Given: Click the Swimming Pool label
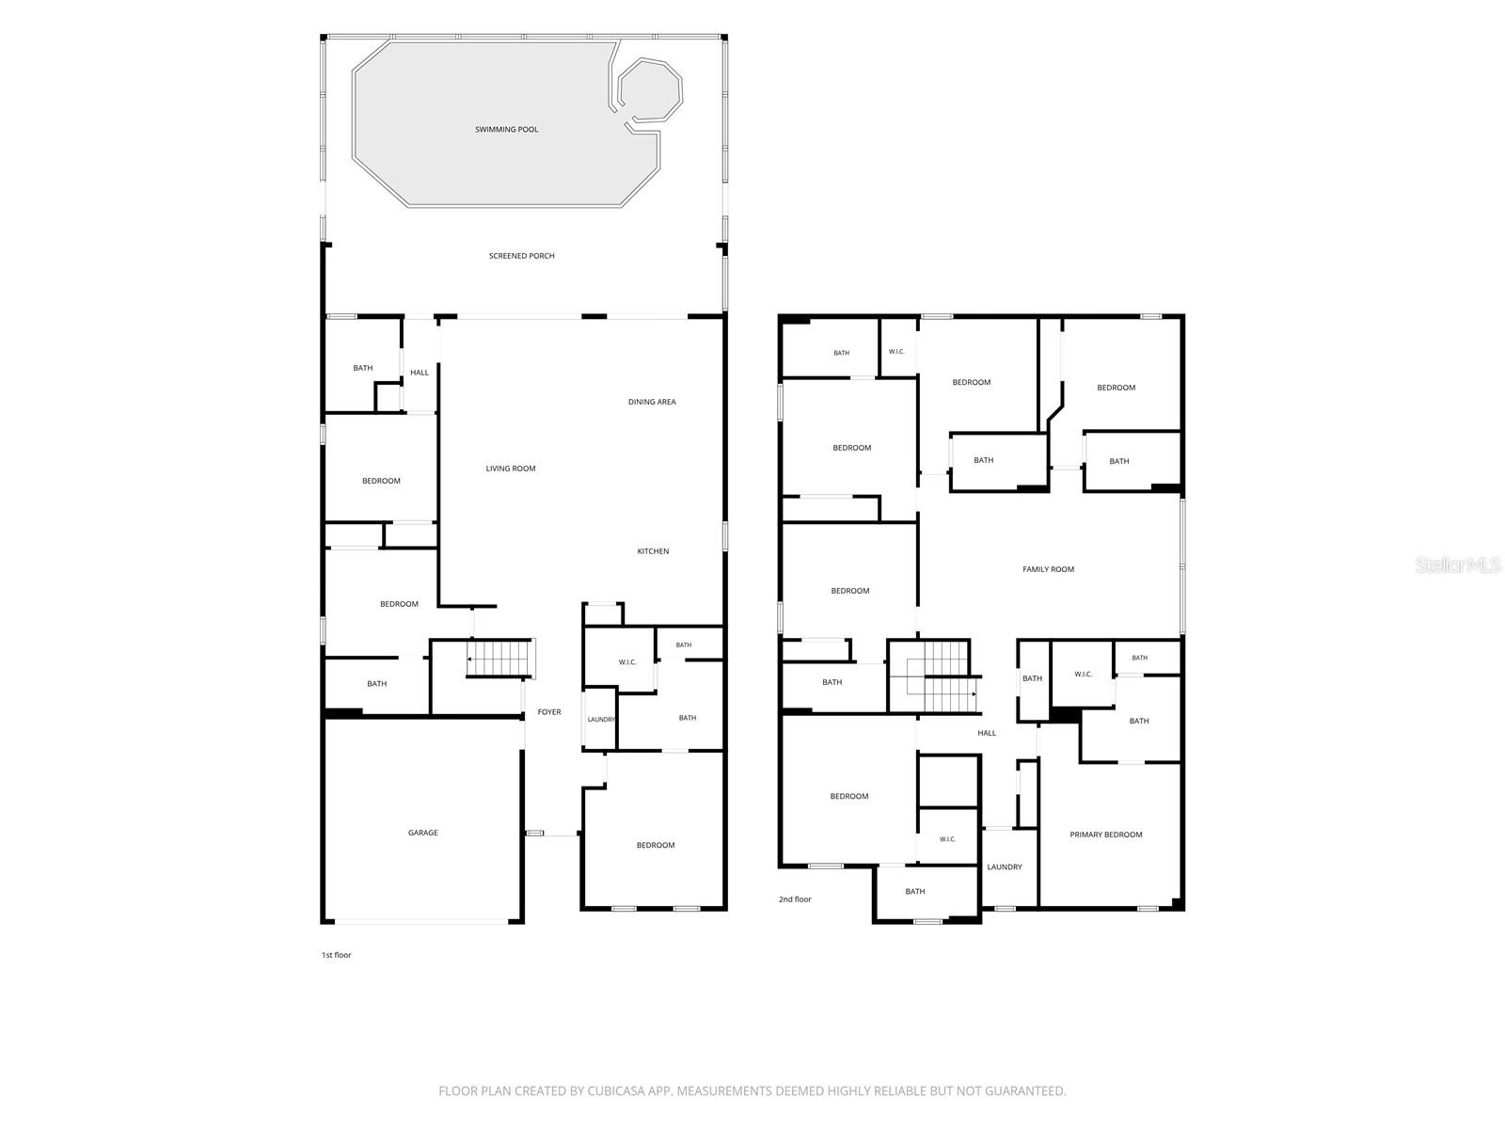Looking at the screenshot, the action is [x=507, y=130].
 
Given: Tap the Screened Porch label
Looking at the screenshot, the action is [x=522, y=256].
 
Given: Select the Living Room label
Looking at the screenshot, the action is [x=511, y=469].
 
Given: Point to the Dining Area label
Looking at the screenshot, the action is [x=652, y=402].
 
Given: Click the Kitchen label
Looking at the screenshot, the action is [x=653, y=551].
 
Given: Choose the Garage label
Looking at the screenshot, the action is [x=423, y=833].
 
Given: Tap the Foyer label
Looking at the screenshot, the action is [x=549, y=712].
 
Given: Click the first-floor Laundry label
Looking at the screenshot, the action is [x=601, y=719].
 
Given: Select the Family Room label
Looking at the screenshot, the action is [x=1049, y=569].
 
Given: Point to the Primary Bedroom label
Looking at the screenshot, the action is [x=1106, y=835].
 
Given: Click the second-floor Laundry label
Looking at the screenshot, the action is [x=1005, y=867].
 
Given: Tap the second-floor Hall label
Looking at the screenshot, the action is [x=987, y=733].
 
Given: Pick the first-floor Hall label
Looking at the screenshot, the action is [x=420, y=373].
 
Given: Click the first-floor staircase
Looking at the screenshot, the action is [x=501, y=658].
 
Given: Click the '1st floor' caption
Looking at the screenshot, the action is [x=337, y=955].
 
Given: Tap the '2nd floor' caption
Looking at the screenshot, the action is [x=795, y=898].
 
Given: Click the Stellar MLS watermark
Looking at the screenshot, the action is [x=1458, y=564].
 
